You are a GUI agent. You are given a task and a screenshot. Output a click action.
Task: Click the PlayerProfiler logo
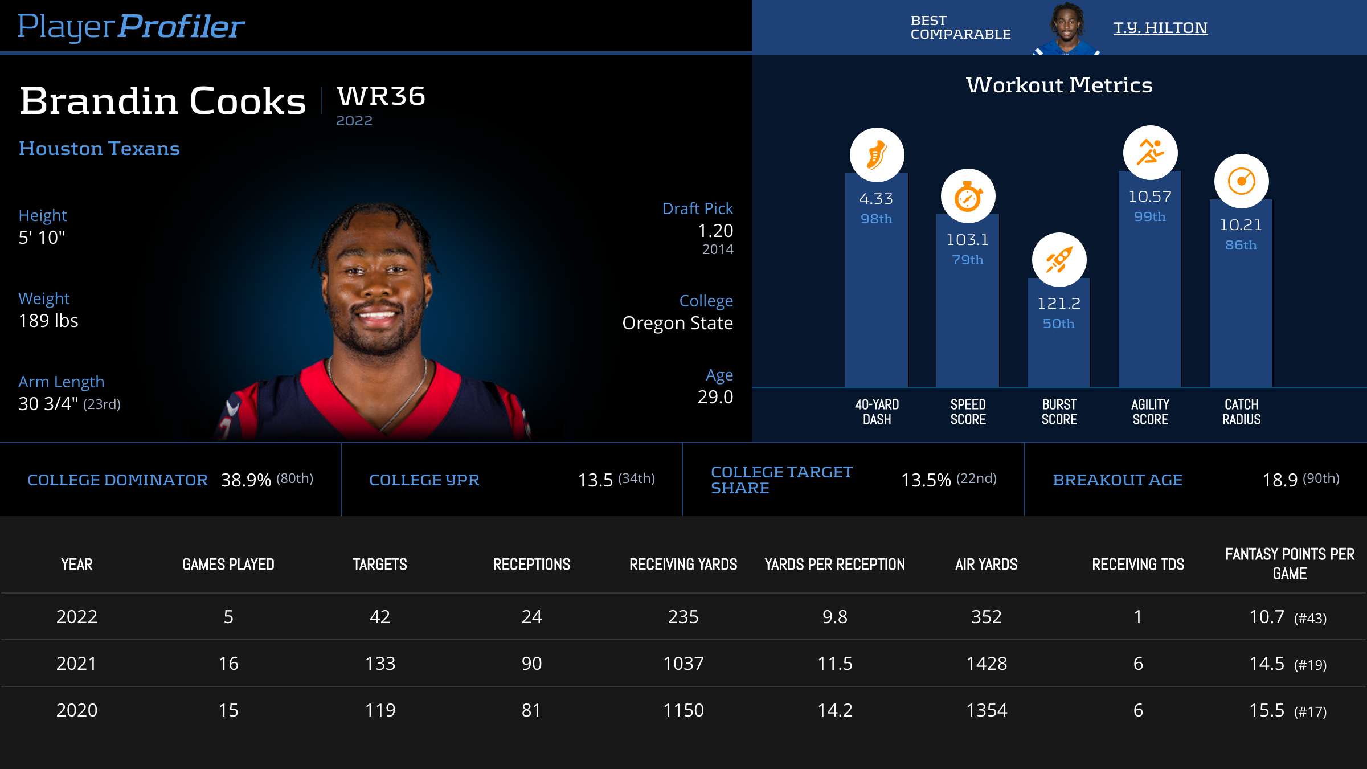131,27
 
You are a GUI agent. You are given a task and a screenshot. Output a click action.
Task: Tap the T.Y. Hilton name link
1160,28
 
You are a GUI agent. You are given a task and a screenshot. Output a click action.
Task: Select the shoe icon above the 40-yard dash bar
877,155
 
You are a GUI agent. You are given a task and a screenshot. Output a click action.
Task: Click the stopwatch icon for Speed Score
968,197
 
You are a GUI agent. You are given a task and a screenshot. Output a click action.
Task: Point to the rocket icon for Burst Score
1059,260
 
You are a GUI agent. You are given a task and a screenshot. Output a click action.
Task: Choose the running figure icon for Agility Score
1150,153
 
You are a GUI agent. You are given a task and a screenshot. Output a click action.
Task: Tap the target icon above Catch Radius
1241,181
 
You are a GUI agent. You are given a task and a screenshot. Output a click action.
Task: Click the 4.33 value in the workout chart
876,199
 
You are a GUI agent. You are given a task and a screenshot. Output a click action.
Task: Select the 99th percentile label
1149,217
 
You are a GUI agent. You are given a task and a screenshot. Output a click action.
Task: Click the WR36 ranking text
380,96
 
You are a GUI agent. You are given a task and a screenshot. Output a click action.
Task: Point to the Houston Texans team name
99,149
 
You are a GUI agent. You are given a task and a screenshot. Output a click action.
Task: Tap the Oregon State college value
677,323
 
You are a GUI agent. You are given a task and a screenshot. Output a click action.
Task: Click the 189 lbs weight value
48,321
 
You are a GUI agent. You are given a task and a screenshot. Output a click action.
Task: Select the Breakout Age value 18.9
1280,480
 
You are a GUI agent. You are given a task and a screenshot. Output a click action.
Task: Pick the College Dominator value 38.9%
245,480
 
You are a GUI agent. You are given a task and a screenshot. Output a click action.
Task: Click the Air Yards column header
986,565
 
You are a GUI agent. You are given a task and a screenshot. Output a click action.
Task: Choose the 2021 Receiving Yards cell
683,664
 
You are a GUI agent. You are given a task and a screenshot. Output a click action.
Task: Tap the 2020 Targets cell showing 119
380,710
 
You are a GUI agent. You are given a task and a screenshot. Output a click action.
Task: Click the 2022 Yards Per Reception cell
834,617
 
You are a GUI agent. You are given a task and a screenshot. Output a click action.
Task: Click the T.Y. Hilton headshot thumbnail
1066,28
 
